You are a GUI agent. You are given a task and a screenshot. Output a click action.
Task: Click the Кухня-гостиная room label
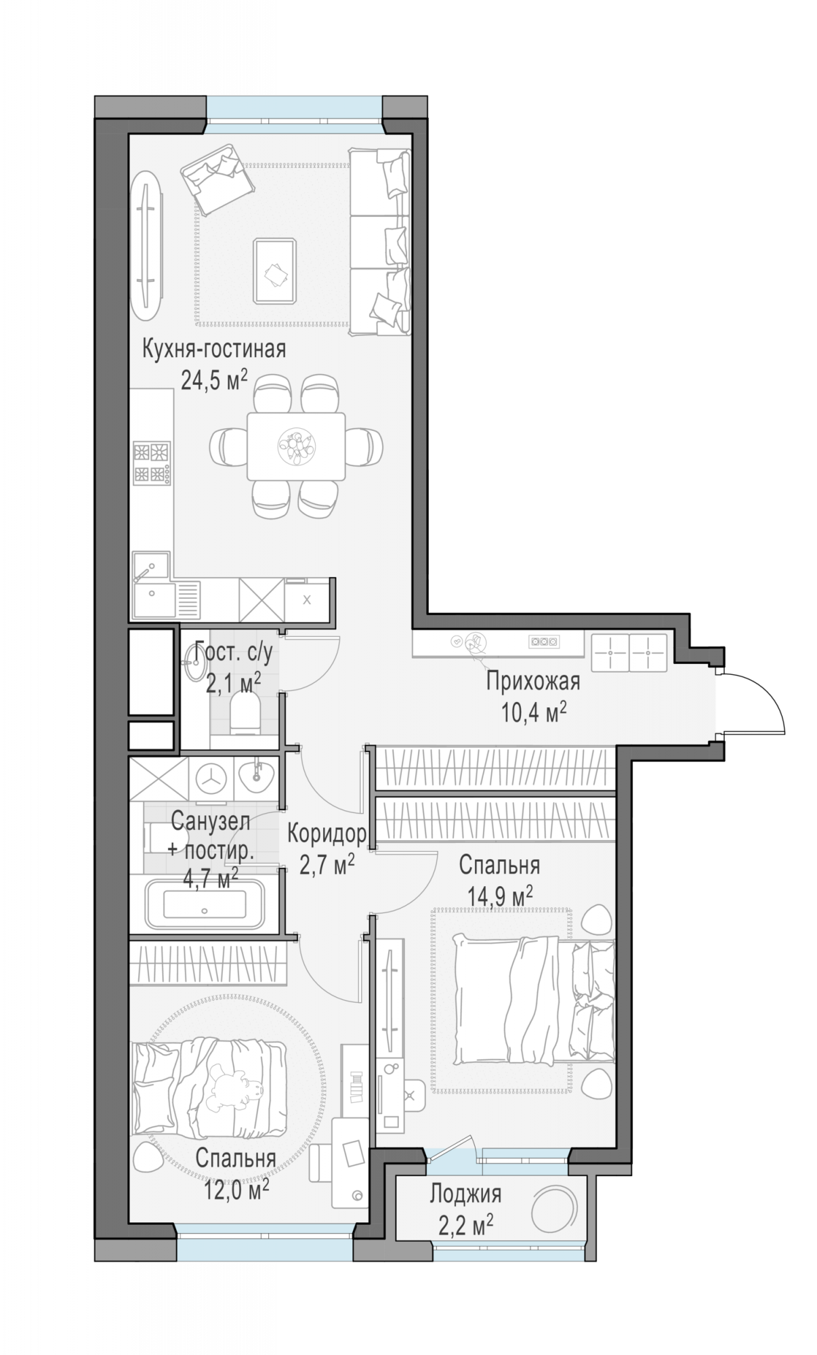(213, 350)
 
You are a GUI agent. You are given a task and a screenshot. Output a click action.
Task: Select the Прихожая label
(532, 681)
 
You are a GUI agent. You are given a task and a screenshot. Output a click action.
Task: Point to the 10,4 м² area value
(532, 711)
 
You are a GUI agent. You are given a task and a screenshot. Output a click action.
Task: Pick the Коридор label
(327, 833)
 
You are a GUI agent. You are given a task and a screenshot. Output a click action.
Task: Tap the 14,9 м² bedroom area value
(499, 896)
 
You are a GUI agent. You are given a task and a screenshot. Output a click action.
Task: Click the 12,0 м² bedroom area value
(236, 1188)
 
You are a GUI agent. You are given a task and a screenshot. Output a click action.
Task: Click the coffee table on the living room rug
(274, 270)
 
